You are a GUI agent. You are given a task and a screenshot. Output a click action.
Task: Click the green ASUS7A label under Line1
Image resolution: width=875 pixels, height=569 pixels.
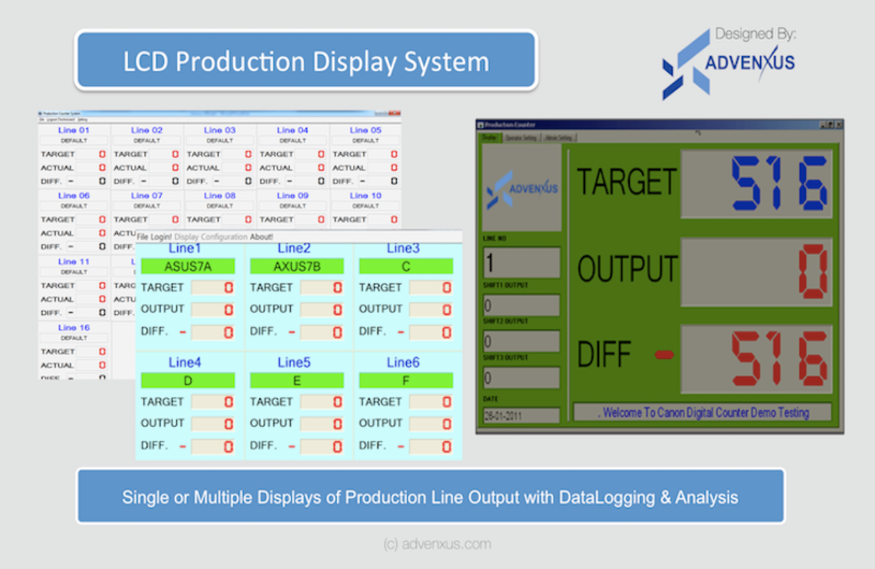[187, 266]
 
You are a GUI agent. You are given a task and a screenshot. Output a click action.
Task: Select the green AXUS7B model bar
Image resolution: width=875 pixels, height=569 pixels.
[296, 266]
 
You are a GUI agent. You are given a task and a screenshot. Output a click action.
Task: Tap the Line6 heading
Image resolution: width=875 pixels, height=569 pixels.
[403, 363]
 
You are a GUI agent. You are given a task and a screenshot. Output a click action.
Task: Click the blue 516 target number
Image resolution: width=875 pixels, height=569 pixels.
[779, 183]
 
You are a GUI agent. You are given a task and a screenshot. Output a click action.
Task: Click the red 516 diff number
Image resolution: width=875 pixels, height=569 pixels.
[779, 358]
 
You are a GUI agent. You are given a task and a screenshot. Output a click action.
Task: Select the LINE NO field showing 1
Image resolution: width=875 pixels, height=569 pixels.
[521, 263]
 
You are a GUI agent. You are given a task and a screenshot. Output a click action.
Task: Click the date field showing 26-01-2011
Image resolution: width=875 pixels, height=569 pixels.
[520, 416]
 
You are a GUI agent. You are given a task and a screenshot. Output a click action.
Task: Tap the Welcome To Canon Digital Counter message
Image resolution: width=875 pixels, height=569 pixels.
[702, 413]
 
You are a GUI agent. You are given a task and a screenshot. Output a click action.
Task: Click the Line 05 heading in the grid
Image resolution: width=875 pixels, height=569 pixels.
[365, 130]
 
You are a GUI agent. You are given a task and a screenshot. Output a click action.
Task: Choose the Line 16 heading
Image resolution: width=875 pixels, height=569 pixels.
[74, 328]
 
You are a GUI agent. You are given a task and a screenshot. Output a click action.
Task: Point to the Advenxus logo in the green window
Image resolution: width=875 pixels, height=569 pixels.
[522, 188]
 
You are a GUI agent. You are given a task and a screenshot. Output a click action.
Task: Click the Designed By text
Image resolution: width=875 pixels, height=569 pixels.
[755, 34]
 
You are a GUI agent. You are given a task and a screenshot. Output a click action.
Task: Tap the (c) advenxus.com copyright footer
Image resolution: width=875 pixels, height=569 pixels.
[437, 544]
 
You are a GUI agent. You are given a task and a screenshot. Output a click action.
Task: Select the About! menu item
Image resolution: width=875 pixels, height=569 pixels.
[261, 237]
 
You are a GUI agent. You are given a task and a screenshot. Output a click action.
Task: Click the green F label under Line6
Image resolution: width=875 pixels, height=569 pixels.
[405, 381]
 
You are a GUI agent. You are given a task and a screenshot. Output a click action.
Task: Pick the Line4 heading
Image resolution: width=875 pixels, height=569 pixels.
[184, 363]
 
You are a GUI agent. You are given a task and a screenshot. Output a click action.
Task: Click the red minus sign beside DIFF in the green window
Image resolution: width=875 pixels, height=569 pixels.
[664, 354]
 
